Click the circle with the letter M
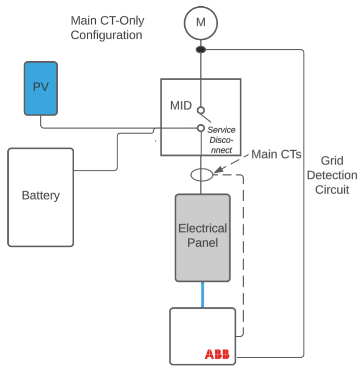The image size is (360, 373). pyautogui.click(x=201, y=22)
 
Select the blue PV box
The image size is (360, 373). pyautogui.click(x=40, y=88)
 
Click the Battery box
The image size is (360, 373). pyautogui.click(x=41, y=197)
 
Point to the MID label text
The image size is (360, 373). pyautogui.click(x=181, y=106)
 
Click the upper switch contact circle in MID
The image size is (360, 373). pyautogui.click(x=201, y=110)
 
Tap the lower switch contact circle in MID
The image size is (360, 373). pyautogui.click(x=201, y=128)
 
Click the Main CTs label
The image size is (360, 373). pyautogui.click(x=276, y=154)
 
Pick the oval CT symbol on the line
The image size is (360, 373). pyautogui.click(x=201, y=175)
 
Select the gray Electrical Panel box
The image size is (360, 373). pyautogui.click(x=203, y=237)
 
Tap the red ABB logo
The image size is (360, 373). pyautogui.click(x=217, y=355)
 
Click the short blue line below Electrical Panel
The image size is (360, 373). pyautogui.click(x=203, y=295)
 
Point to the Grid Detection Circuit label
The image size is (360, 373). pyautogui.click(x=332, y=175)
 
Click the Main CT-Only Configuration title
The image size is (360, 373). pyautogui.click(x=107, y=27)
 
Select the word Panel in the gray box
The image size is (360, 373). pyautogui.click(x=203, y=243)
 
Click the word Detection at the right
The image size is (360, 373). pyautogui.click(x=332, y=175)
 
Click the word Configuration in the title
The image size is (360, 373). pyautogui.click(x=106, y=35)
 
